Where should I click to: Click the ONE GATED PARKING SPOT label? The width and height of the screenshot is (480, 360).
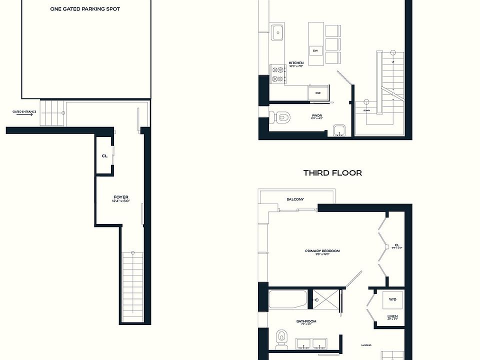pos(85,9)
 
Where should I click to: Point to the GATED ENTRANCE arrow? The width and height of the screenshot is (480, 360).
pos(23,114)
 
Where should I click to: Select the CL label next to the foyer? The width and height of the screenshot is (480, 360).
pos(104,156)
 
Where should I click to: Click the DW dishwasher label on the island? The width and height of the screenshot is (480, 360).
pos(315,51)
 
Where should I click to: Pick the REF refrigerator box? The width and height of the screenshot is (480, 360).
pos(317,92)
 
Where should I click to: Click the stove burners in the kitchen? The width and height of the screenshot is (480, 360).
pos(276,74)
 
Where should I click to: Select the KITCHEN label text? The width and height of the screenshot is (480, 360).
pos(296,63)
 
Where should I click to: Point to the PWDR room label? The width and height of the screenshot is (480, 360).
pos(316,114)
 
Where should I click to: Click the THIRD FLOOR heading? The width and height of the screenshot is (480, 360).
pos(332,173)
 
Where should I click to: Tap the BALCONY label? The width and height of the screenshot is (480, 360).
pos(295,199)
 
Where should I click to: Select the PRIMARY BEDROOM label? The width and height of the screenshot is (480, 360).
pos(322,251)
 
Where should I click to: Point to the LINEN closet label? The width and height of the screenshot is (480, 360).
pos(392,316)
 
